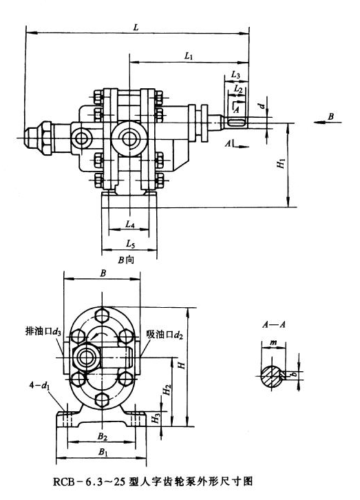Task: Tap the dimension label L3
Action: [x=236, y=74]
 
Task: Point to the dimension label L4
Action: [x=131, y=225]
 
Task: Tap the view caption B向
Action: [x=127, y=260]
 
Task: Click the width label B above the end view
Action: [x=103, y=273]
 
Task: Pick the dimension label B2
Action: [x=102, y=436]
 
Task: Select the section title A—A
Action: [x=271, y=324]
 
